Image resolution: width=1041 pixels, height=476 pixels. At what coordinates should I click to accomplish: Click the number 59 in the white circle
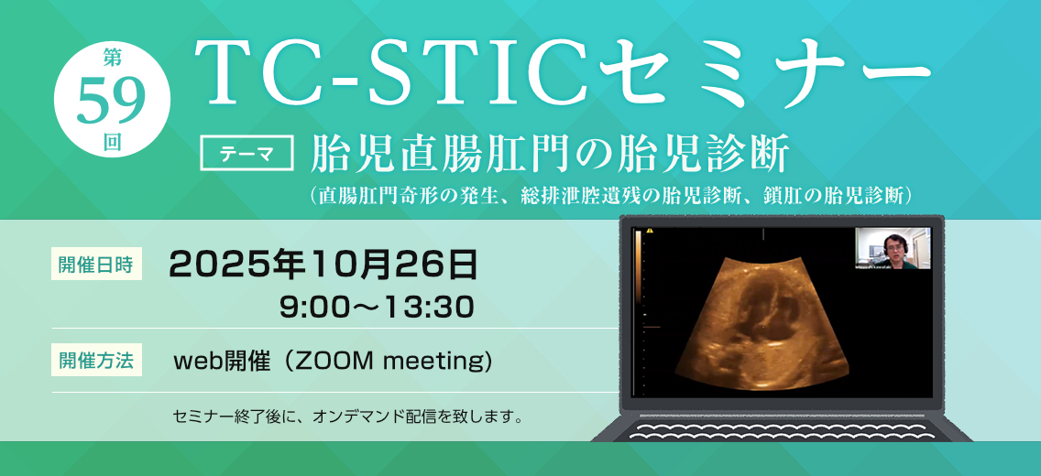click(112, 101)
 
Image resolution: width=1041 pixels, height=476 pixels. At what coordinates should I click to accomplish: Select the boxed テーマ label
click(247, 155)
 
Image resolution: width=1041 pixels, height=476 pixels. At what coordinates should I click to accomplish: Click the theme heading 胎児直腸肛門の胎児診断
click(551, 155)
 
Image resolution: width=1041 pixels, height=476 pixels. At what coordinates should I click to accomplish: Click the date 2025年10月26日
click(324, 265)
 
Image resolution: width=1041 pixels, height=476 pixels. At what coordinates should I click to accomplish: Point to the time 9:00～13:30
click(377, 308)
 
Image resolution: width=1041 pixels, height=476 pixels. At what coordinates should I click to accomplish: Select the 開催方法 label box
click(96, 362)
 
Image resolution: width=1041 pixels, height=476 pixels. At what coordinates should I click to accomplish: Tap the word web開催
click(223, 362)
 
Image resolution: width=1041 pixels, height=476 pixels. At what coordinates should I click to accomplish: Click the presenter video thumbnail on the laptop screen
click(893, 248)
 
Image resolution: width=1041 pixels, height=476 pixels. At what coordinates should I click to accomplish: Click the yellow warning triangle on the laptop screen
click(651, 232)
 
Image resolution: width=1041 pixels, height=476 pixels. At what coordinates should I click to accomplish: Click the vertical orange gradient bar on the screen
click(639, 265)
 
